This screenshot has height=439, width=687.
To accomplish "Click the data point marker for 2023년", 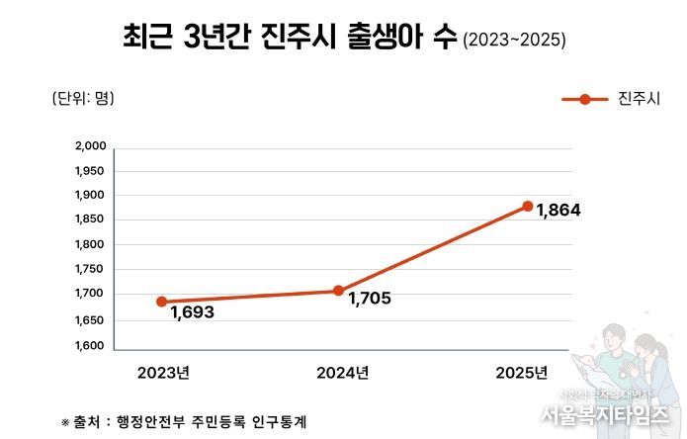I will (x=161, y=302).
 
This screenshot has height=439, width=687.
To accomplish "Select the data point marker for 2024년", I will (x=338, y=291).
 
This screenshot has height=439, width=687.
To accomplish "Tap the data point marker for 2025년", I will (x=528, y=206).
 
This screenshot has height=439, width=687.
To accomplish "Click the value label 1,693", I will (x=192, y=312).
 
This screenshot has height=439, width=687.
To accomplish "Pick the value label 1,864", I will (x=558, y=212).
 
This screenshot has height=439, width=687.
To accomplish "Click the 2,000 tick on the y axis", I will (x=90, y=146).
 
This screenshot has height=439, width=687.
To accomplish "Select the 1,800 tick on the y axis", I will (x=90, y=244).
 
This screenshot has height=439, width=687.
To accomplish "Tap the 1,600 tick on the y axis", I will (x=90, y=346).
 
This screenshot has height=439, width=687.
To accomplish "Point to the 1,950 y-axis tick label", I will (x=90, y=171).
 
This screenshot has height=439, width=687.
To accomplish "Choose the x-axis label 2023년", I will (x=163, y=373).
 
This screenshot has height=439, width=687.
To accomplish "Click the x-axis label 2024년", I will (x=342, y=373).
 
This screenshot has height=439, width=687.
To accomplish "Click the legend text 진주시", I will (x=639, y=99).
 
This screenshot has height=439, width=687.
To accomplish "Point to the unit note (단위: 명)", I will (x=82, y=98).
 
